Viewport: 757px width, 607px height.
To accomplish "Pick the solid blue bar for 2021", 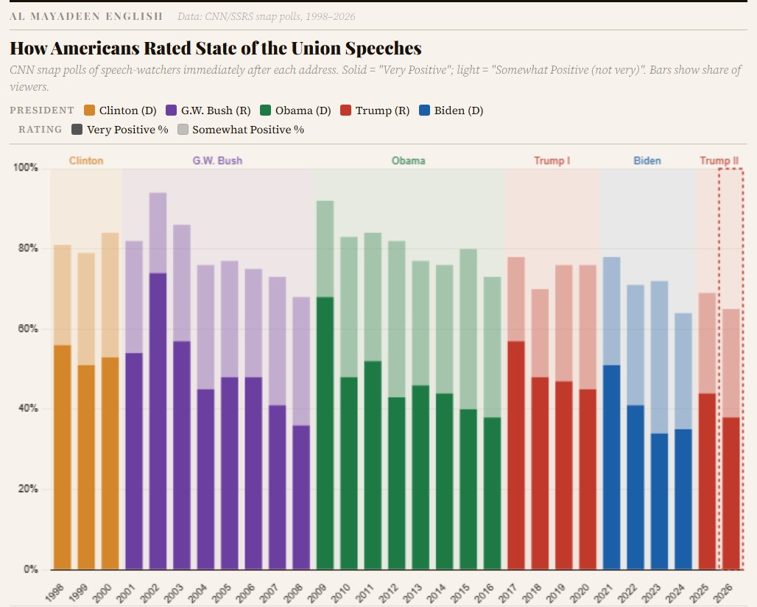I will [x=611, y=467].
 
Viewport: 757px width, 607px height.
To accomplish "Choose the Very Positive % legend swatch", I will [x=77, y=130].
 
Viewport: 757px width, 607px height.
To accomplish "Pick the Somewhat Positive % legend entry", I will [x=248, y=130].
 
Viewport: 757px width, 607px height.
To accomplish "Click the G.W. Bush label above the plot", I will [x=217, y=161].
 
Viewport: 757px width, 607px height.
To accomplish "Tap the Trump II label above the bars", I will [x=719, y=161].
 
